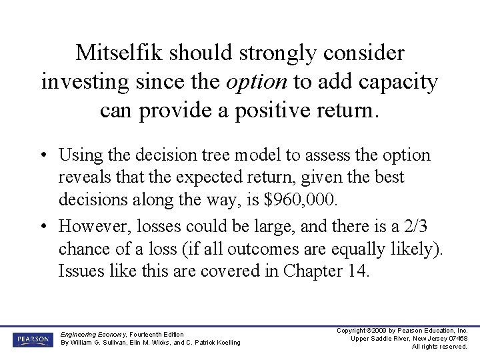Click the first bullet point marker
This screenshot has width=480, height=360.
click(x=43, y=156)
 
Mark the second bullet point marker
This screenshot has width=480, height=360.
click(x=43, y=227)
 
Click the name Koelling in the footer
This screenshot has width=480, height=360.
click(x=225, y=343)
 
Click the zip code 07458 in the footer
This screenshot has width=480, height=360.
click(x=457, y=339)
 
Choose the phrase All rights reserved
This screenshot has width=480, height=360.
click(x=439, y=347)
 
